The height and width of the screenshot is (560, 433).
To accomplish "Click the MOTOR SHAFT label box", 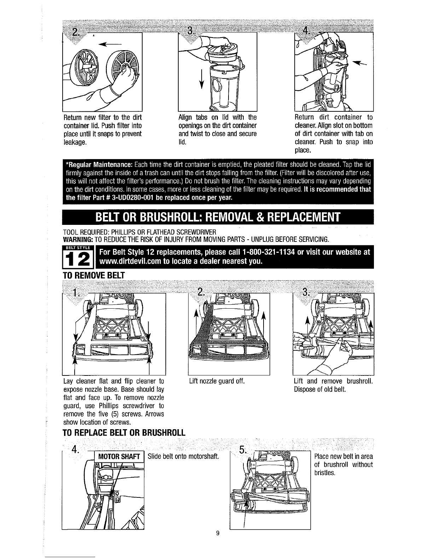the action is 119,457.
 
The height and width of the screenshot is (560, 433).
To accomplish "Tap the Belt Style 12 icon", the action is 77,257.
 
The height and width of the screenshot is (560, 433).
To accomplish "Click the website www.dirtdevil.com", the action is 131,261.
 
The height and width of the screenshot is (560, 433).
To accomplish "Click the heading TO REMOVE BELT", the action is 94,275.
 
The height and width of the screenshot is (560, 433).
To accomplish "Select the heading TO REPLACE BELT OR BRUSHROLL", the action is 124,433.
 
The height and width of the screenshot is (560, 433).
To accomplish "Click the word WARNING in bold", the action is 78,239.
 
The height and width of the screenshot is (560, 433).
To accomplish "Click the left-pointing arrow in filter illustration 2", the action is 110,44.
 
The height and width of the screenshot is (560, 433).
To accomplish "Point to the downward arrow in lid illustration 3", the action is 202,78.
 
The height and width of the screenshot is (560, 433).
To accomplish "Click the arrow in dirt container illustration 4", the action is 359,63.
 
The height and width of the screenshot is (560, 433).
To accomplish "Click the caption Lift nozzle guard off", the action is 216,381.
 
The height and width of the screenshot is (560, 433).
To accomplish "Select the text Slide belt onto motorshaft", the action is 183,456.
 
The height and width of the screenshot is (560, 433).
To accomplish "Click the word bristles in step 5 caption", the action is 325,473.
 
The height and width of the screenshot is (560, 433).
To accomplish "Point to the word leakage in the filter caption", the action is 75,142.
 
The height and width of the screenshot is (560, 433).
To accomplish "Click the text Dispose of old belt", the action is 320,389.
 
